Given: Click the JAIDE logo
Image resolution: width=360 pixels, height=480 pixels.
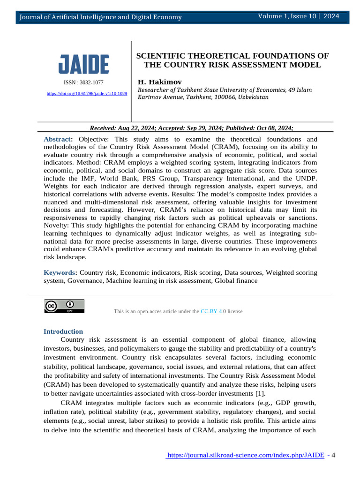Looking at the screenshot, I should (84, 64).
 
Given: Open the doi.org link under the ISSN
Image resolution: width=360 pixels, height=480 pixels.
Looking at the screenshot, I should (87, 94).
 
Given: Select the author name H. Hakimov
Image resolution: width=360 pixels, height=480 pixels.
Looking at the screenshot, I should (159, 82).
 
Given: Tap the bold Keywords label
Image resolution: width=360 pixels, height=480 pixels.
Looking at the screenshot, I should (60, 272).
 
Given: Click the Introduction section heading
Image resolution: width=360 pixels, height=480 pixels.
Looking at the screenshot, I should (63, 331).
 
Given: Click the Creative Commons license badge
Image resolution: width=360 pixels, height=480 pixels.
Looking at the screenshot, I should (65, 306).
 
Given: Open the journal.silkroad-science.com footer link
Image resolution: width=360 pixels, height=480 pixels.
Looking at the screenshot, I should (246, 455).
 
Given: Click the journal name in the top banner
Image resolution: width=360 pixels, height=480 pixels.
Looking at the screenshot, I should (100, 17).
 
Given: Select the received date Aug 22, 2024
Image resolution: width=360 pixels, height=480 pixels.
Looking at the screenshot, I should (139, 128).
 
